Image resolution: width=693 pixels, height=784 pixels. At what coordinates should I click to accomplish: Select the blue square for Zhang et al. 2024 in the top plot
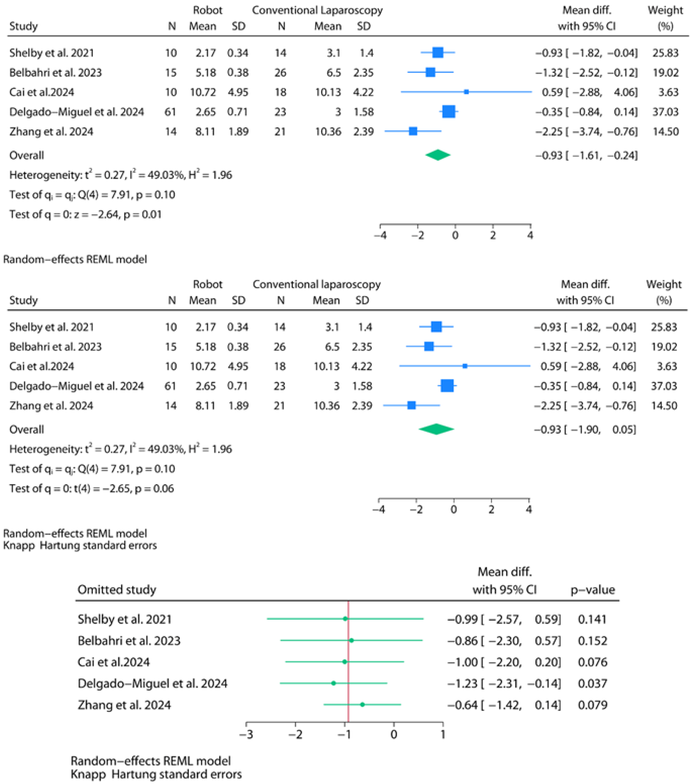(413, 131)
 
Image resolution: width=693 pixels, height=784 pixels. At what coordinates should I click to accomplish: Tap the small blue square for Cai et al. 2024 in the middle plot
(465, 366)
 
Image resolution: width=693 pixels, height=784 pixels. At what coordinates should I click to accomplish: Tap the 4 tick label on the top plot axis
(530, 235)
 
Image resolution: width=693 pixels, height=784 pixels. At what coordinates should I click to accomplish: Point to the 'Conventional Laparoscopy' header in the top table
(317, 10)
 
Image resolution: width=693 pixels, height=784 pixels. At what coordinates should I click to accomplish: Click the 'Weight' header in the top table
(665, 10)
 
